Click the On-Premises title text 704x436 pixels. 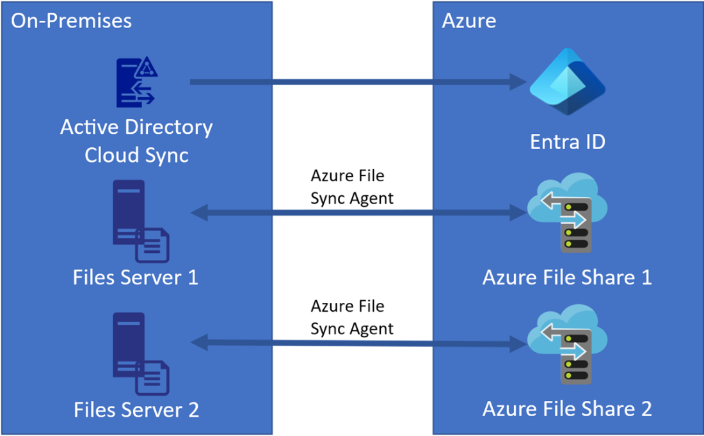click(72, 20)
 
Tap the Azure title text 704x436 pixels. click(468, 20)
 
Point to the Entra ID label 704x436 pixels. click(568, 141)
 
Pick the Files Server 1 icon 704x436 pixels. click(140, 222)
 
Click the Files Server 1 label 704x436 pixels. click(136, 277)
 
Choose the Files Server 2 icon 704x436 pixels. click(140, 353)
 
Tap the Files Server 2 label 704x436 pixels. click(136, 409)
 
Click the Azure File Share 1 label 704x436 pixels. click(567, 277)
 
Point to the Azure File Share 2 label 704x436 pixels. click(567, 408)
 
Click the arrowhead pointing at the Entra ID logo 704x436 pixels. click(517, 82)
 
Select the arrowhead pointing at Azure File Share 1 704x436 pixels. click(518, 213)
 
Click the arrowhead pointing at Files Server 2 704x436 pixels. click(199, 344)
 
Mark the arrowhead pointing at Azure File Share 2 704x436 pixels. click(518, 344)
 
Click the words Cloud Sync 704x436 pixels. click(136, 155)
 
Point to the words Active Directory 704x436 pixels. click(136, 127)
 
